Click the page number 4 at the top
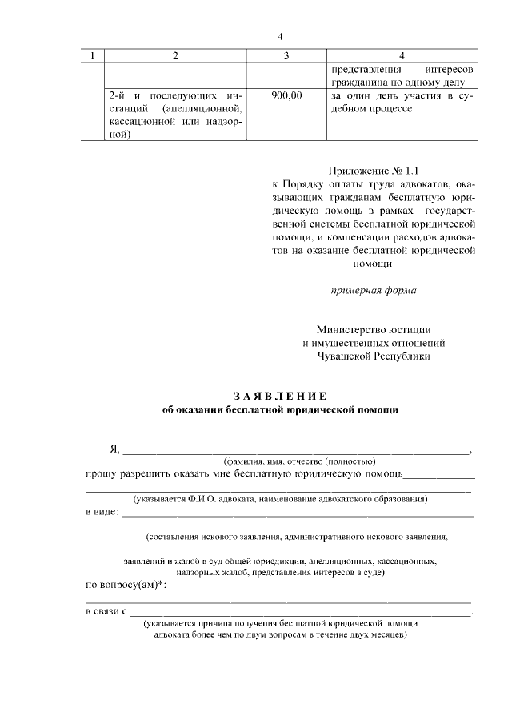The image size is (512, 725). [x=280, y=36]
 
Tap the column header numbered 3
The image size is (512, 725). [x=286, y=55]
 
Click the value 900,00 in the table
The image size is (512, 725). [x=286, y=95]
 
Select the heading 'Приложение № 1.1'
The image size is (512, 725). [x=374, y=170]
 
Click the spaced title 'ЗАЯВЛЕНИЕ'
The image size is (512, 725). [x=279, y=396]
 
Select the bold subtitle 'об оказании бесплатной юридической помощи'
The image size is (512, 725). [x=279, y=409]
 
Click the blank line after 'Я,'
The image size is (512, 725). [x=296, y=452]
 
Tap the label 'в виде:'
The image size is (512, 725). [x=102, y=511]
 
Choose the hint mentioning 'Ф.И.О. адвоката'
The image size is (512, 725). [x=280, y=499]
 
